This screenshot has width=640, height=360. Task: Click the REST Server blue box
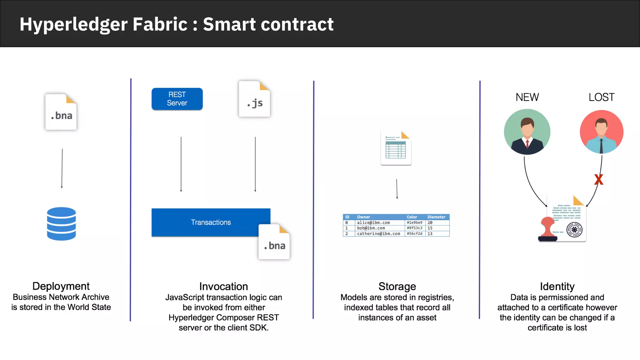pos(177,99)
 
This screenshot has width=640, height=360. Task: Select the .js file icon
pos(254,99)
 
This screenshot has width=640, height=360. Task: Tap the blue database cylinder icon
pos(61,224)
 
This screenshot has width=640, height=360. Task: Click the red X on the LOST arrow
pos(598,180)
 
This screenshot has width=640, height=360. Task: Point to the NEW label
pos(527,97)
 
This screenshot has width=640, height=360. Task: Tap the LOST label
pos(601,97)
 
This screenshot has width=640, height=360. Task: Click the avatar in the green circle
pos(527,132)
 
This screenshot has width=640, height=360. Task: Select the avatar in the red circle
pos(601,132)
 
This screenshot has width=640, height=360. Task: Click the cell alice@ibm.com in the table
pos(373,222)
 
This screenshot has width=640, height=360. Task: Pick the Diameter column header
pos(436,217)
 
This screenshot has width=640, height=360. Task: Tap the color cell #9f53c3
pos(414,228)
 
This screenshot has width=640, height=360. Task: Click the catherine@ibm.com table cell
pos(378,234)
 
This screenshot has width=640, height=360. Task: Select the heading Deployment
pos(61,286)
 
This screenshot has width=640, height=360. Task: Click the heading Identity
pos(557,286)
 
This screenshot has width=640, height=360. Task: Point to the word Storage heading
pos(397,286)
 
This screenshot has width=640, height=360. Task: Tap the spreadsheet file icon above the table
pos(396,148)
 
